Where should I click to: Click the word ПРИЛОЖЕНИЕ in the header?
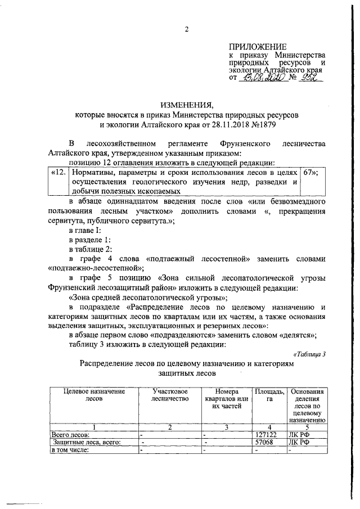(257, 47)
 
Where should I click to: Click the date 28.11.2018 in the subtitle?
(220, 125)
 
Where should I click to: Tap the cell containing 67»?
(311, 174)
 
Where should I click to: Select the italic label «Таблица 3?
(309, 354)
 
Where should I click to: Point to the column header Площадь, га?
(269, 395)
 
